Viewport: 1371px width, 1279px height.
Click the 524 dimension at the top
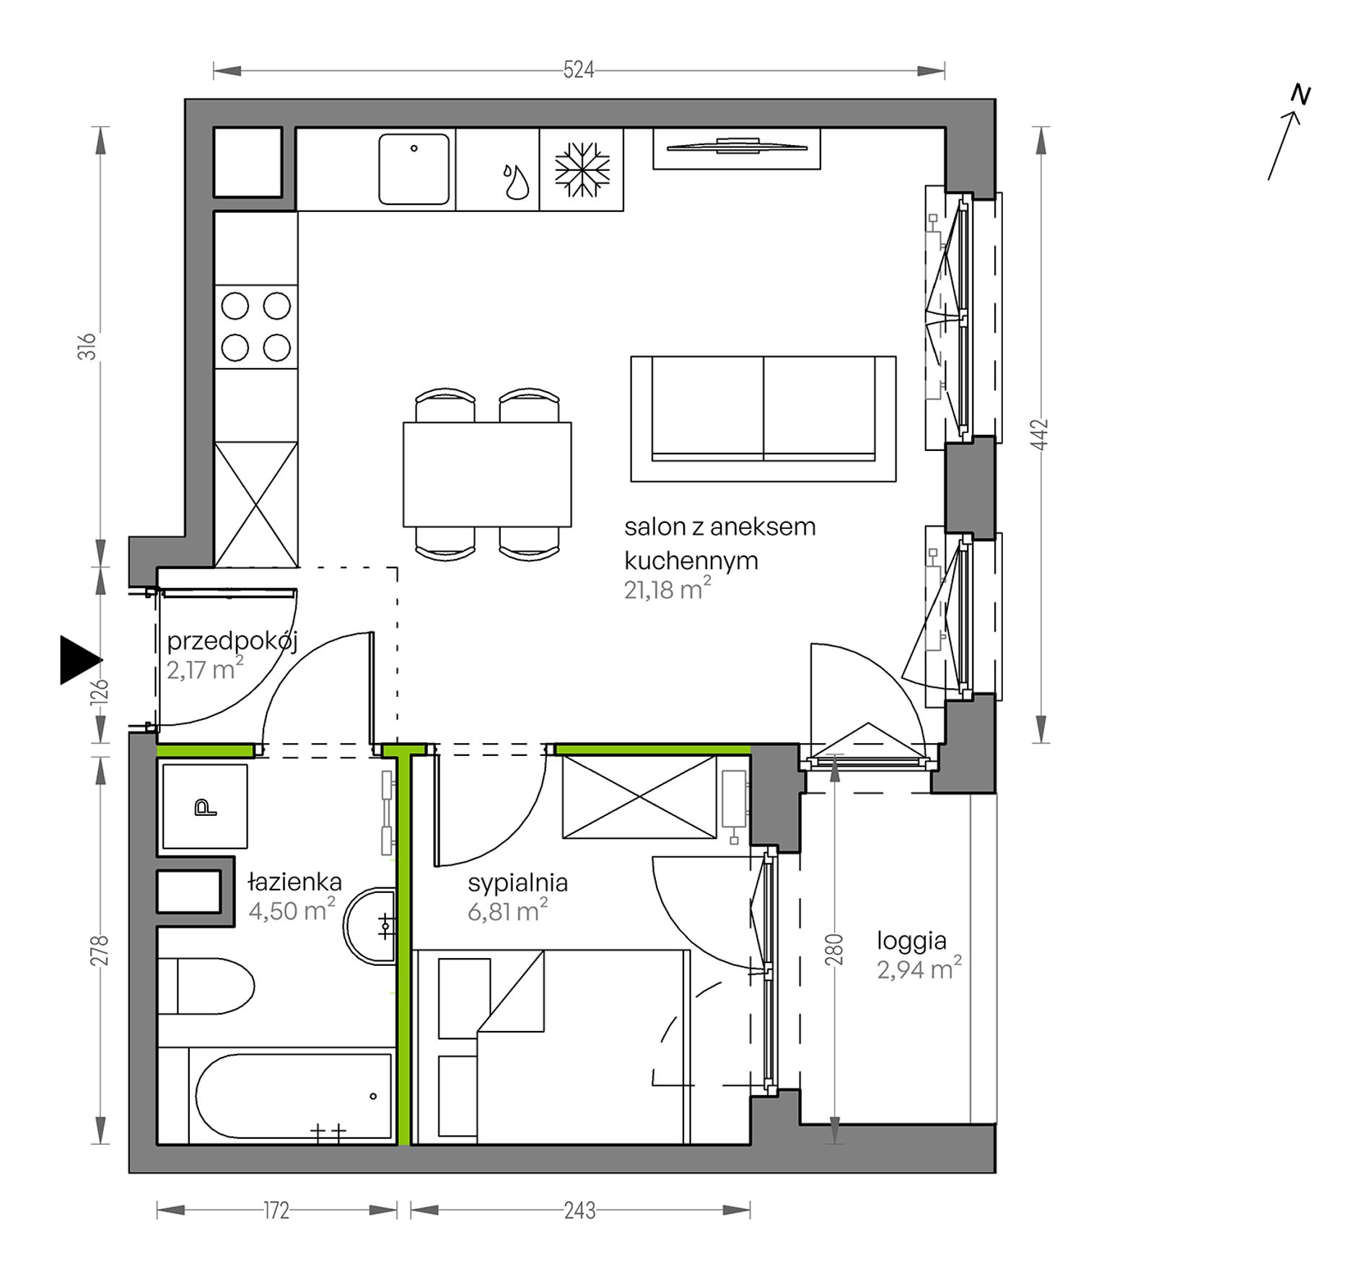(x=579, y=70)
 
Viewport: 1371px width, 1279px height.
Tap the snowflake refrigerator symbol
(x=582, y=170)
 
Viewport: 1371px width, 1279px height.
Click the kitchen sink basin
(x=413, y=169)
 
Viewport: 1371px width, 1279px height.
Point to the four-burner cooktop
(x=256, y=327)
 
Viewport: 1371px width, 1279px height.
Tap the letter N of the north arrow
(x=1301, y=95)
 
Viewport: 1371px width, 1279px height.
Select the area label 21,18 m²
(x=667, y=589)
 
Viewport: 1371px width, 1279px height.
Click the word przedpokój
(x=232, y=641)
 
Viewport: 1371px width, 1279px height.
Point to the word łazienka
(x=294, y=882)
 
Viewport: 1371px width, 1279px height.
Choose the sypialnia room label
(x=517, y=883)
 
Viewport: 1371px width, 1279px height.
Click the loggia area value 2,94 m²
(x=919, y=969)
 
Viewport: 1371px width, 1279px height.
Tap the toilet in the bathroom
(x=206, y=987)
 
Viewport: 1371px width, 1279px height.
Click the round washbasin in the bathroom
(x=369, y=926)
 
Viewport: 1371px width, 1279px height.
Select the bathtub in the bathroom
(x=276, y=1096)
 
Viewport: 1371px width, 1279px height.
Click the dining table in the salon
(x=487, y=475)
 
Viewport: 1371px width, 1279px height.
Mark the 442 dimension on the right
(x=1040, y=434)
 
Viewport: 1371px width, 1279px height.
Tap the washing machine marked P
(x=205, y=806)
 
